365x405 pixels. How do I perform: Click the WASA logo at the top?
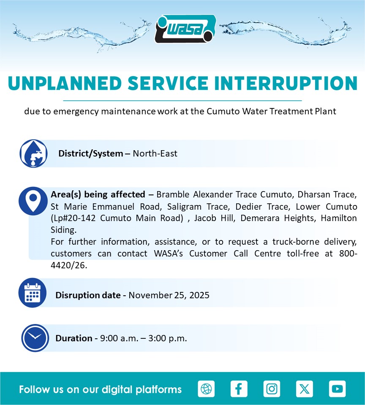click(x=185, y=29)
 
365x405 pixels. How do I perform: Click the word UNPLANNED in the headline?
click(x=65, y=84)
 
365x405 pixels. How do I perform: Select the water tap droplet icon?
click(x=34, y=154)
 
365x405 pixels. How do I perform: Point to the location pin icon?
click(x=33, y=201)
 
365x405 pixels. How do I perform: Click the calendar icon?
click(x=33, y=293)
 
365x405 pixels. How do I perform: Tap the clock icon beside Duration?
click(x=35, y=338)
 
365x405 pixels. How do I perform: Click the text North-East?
click(x=155, y=154)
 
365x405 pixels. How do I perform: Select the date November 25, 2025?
click(x=169, y=295)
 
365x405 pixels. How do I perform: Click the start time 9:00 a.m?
click(x=119, y=338)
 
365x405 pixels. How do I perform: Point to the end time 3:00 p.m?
click(x=167, y=338)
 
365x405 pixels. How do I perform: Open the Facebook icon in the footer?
click(x=239, y=389)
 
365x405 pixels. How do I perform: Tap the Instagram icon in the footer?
click(x=272, y=389)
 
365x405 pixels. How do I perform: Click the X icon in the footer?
click(x=305, y=389)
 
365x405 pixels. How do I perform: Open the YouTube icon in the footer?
click(x=337, y=389)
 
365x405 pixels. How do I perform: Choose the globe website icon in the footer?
click(x=206, y=389)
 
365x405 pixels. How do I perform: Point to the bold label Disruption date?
click(x=88, y=295)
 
